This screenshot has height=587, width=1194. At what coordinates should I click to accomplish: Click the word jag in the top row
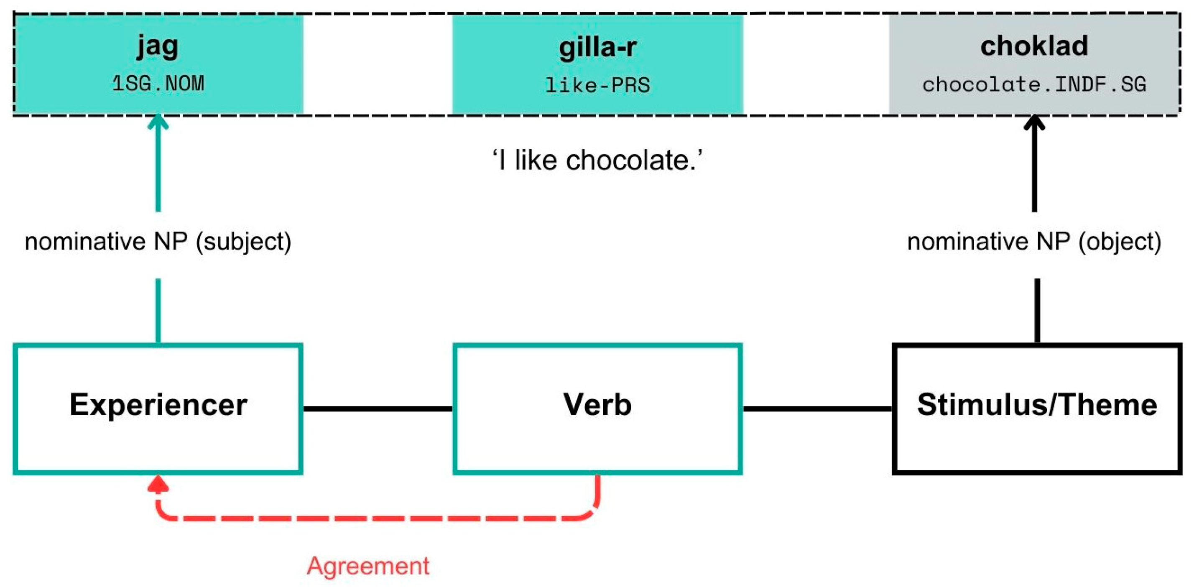click(158, 46)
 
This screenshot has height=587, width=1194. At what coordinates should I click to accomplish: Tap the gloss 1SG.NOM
click(158, 84)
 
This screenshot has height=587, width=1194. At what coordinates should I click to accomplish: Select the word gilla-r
click(597, 47)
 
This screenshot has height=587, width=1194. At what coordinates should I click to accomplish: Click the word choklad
click(1034, 46)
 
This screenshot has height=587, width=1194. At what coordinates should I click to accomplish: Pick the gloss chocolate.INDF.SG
click(1034, 85)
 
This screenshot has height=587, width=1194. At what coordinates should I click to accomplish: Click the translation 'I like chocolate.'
click(597, 161)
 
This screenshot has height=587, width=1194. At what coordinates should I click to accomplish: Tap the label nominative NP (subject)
click(158, 242)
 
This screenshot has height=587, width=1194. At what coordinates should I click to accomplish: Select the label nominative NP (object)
click(1034, 242)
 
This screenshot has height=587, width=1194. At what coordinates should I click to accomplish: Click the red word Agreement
click(368, 566)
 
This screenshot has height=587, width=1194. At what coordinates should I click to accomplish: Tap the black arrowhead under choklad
click(1034, 123)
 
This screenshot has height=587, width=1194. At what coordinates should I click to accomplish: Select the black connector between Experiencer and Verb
click(378, 408)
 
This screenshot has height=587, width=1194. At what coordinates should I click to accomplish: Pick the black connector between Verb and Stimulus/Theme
click(817, 408)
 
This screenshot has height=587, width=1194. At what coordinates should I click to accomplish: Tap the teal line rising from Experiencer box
click(158, 311)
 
